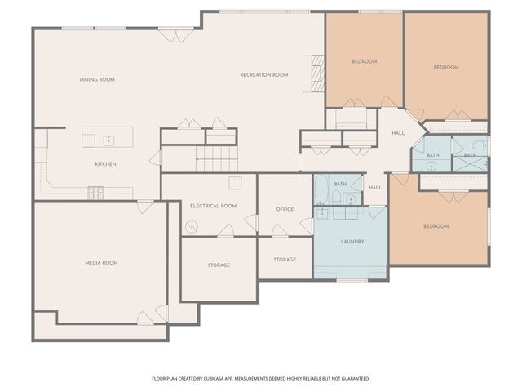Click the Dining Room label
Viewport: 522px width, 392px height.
point(97,79)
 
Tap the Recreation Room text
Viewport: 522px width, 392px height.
point(263,74)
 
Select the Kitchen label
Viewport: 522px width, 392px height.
point(105,164)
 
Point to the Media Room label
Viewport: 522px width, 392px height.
point(102,263)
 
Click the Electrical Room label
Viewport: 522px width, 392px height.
point(213,206)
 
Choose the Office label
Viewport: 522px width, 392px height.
point(285,209)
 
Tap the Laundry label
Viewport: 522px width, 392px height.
point(352,242)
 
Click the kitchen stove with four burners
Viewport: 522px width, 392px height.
point(96,193)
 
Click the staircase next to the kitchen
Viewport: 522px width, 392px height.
point(217,159)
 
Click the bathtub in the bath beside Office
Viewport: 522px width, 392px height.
point(322,191)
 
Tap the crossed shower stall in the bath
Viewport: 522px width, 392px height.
point(471,163)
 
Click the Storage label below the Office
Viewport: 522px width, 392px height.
point(285,260)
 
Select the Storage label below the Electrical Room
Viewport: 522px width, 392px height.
point(219,265)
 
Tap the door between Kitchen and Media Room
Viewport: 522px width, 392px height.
point(145,207)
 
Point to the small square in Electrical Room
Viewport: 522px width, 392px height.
point(235,183)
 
